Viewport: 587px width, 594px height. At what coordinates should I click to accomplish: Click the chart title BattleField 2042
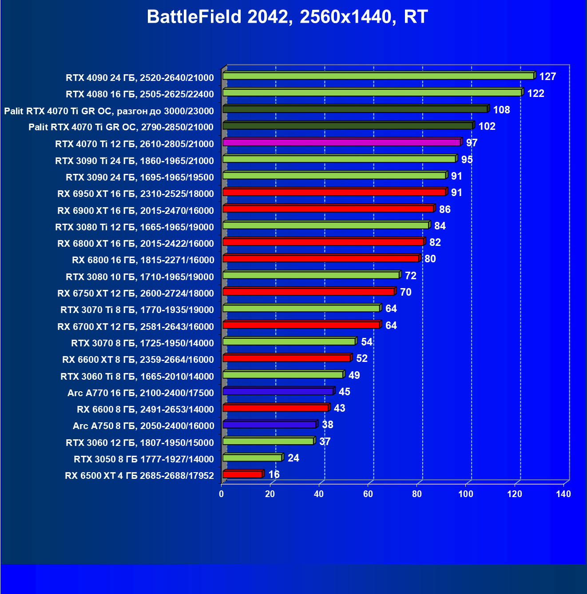[x=287, y=17]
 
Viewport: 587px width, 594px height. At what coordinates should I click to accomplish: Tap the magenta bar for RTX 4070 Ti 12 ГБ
[x=341, y=142]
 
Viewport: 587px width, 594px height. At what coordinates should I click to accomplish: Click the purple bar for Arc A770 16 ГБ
[x=278, y=391]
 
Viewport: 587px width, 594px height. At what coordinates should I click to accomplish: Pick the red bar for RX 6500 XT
[x=242, y=474]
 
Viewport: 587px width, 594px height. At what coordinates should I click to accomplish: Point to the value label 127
[x=547, y=76]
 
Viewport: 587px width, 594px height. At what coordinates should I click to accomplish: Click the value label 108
[x=501, y=110]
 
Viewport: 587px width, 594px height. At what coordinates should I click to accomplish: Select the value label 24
[x=293, y=458]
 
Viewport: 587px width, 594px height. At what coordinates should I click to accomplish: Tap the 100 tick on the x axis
[x=466, y=494]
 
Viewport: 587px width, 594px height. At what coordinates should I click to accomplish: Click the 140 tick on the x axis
[x=563, y=494]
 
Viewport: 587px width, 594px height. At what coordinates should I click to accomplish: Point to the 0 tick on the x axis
[x=222, y=494]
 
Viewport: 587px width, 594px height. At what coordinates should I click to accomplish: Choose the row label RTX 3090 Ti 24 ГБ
[x=134, y=161]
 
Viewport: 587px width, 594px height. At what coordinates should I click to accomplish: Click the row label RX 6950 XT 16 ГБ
[x=135, y=194]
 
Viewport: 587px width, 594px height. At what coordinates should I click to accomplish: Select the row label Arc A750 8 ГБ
[x=143, y=426]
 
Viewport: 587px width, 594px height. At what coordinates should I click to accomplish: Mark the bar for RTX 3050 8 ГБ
[x=252, y=458]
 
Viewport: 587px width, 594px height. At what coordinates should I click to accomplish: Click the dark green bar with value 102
[x=348, y=126]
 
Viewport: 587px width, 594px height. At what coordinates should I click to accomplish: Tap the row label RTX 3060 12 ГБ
[x=139, y=442]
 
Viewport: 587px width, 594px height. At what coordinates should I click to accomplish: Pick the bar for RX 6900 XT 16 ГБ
[x=328, y=209]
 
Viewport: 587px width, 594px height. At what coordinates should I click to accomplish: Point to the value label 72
[x=411, y=276]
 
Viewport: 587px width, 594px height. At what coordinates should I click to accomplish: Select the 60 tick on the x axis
[x=368, y=494]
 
